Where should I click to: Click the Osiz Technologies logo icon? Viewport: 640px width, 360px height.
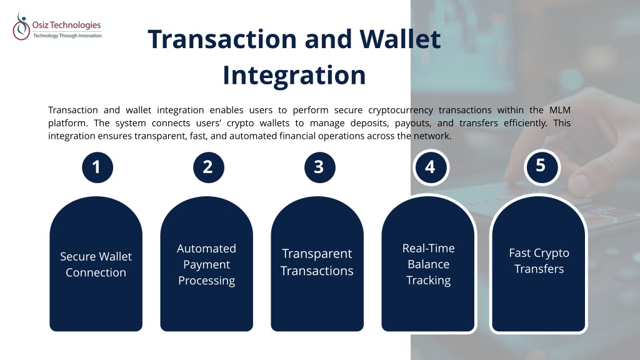coord(21,26)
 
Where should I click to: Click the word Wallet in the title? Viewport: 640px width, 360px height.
coord(400,39)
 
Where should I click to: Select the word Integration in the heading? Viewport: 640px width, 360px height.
coord(294,76)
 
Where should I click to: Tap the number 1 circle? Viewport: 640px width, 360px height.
coord(97,167)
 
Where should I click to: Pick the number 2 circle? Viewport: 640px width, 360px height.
coord(209,167)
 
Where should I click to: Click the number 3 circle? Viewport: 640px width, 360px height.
coord(319,167)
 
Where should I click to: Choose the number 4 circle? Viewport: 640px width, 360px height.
coord(431,167)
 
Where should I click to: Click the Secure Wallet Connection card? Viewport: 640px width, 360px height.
coord(96,264)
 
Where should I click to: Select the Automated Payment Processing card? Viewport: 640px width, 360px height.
coord(206,264)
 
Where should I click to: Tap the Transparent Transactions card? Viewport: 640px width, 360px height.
coord(317,264)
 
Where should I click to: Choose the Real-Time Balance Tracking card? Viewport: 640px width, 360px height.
coord(429,264)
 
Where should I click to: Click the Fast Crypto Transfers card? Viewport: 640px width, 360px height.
coord(539,264)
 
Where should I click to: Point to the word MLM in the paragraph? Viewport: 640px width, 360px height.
coord(559,110)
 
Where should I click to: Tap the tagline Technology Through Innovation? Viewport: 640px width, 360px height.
coord(67,36)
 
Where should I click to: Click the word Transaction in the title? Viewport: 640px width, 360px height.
coord(222,39)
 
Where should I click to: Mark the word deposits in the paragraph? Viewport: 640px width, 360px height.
coord(369,123)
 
